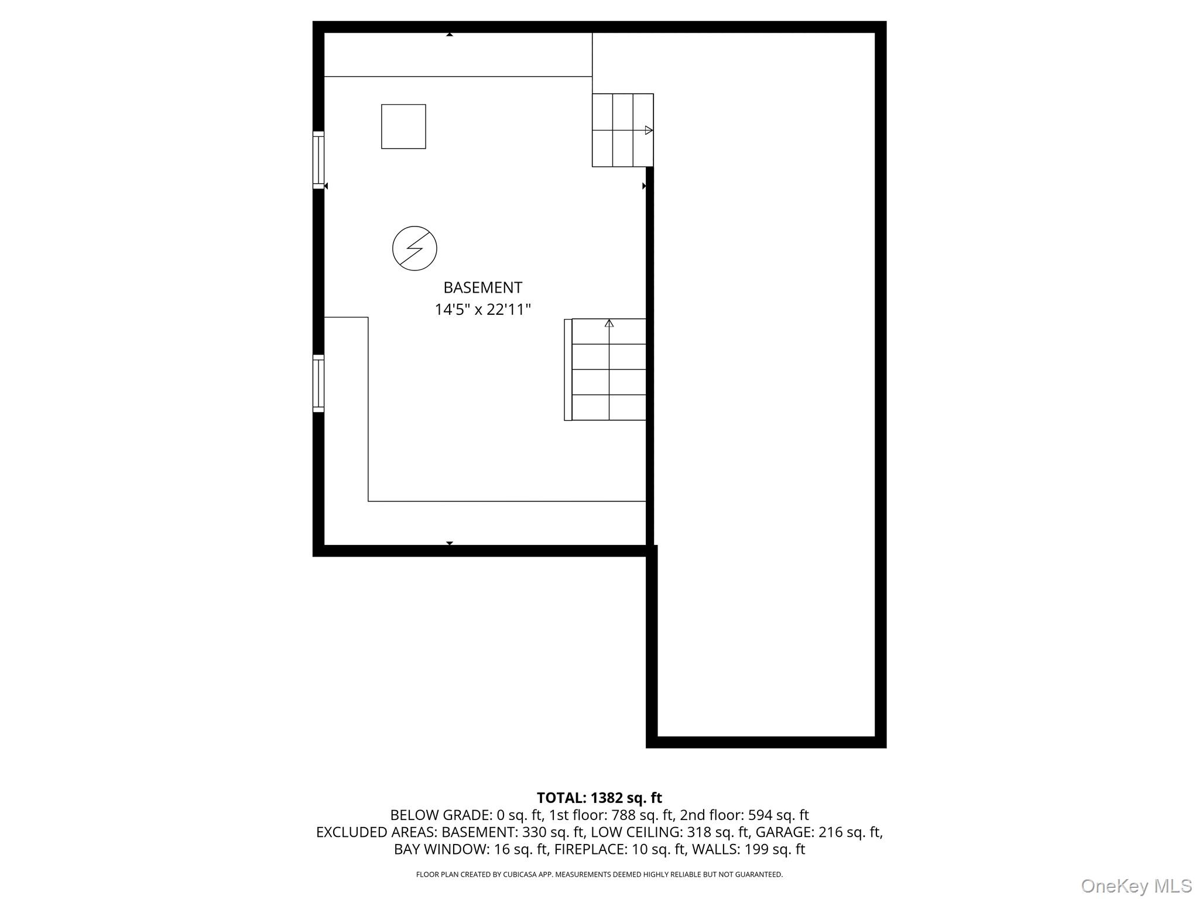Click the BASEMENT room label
pos(482,287)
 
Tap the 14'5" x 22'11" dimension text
pos(482,310)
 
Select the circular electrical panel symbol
pos(414,248)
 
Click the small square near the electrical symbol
pos(403,126)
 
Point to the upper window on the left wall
pos(318,160)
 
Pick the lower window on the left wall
pos(318,383)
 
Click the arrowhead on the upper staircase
pos(649,130)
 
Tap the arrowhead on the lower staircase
pos(609,323)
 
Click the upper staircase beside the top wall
pos(622,130)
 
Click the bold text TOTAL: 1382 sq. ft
pos(599,798)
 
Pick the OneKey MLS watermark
pos(1136,886)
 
